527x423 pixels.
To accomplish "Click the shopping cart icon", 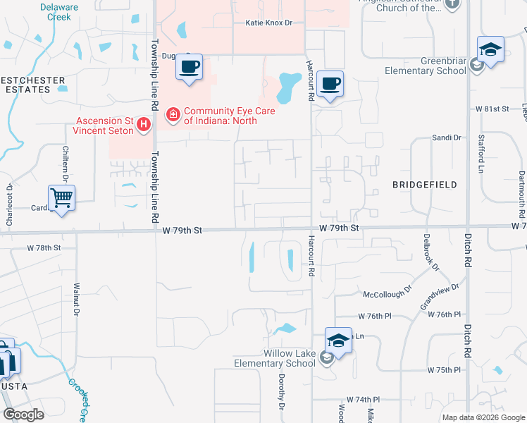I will coord(62,197).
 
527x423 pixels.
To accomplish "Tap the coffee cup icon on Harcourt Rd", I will coord(330,84).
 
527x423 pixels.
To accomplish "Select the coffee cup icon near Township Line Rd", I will coord(189,67).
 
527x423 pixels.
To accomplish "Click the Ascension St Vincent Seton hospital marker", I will coord(144,125).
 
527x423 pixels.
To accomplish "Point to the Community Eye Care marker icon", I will coord(172,114).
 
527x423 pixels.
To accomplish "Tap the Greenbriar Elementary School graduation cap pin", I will coord(490,49).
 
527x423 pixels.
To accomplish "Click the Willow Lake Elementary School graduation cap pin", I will coord(338,341).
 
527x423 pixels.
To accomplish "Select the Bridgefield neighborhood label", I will coord(424,185).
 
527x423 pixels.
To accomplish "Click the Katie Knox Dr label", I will coord(268,23).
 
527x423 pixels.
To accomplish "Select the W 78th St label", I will coord(44,248).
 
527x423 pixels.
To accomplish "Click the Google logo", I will coord(24,414).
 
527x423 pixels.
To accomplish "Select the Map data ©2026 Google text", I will coord(483,417).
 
